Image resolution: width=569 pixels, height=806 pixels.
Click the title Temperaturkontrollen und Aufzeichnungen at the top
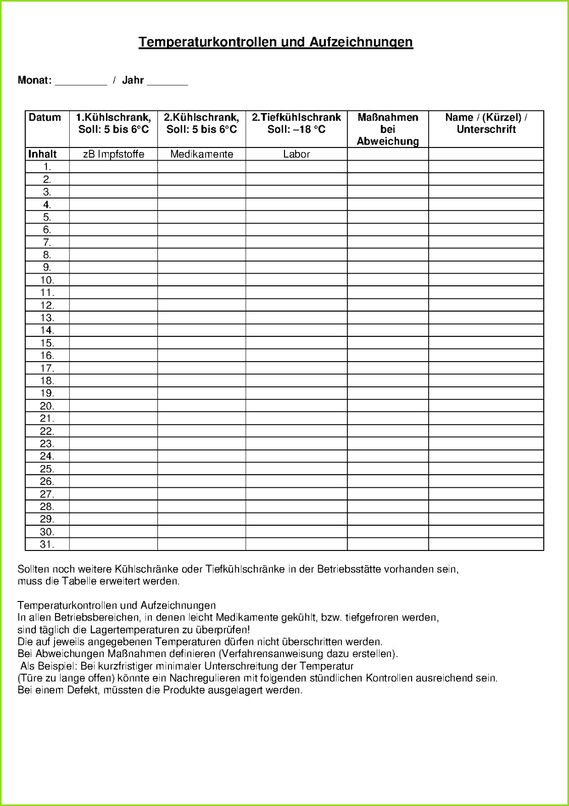tap(275, 42)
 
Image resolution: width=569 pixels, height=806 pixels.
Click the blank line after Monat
tap(81, 81)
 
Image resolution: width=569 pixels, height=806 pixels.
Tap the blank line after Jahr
tap(167, 81)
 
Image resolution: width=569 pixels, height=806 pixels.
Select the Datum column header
tap(45, 118)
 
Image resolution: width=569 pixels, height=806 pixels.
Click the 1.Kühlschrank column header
tap(113, 123)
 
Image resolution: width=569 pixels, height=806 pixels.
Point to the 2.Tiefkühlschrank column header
tap(297, 123)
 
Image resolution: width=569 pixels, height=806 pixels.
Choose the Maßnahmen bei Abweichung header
tap(388, 129)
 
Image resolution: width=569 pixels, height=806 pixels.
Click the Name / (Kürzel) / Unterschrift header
tap(486, 123)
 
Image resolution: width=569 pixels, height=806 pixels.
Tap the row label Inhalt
tap(42, 154)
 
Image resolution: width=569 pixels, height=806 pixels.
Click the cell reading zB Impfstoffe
tap(113, 154)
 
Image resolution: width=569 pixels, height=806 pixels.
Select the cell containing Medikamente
tap(202, 154)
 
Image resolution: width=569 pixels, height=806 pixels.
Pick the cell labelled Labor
tap(297, 154)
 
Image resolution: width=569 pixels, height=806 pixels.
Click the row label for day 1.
tap(47, 167)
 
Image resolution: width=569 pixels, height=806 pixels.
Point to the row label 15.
tap(47, 343)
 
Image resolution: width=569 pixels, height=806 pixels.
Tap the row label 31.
tap(47, 544)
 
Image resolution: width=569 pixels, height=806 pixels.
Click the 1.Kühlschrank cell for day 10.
tap(113, 280)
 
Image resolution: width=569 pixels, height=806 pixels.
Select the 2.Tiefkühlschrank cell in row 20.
tap(297, 406)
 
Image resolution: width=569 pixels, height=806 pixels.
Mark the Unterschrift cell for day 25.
tap(486, 469)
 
